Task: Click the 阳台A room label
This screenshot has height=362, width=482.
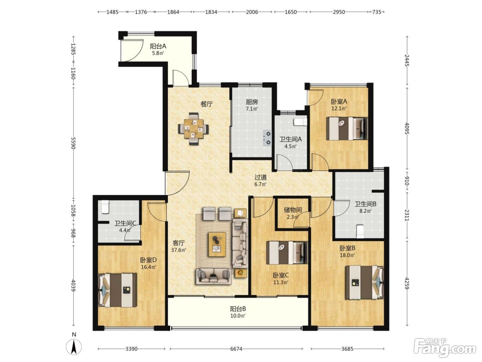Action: tap(158, 47)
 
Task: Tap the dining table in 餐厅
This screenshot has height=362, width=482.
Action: tap(193, 129)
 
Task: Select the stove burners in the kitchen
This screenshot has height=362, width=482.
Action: tap(268, 138)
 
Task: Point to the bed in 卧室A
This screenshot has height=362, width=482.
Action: tap(347, 128)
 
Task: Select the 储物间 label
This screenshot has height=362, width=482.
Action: tap(293, 210)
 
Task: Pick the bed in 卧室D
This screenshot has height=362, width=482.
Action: tap(117, 290)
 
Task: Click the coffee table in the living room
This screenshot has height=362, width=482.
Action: tap(217, 244)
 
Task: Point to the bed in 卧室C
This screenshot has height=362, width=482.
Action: tap(287, 253)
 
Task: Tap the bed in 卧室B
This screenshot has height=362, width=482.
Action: tap(365, 282)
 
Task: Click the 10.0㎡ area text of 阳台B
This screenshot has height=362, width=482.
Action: tap(238, 316)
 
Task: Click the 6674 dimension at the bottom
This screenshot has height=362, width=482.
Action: tap(236, 349)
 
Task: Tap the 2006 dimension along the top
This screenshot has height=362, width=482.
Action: tap(252, 12)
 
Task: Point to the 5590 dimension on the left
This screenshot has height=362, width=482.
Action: tap(73, 143)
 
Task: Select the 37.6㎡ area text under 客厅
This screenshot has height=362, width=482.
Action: tap(179, 250)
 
